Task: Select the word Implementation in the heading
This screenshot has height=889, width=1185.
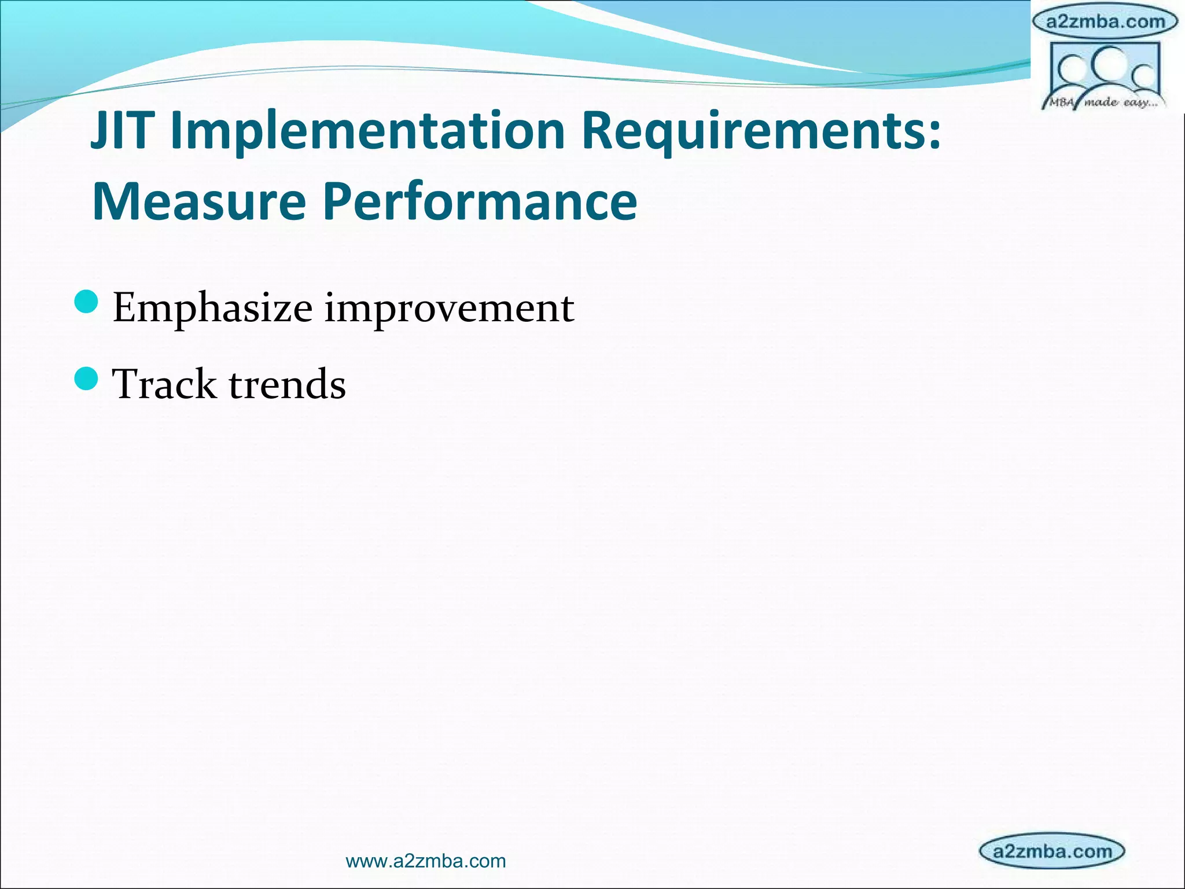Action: (369, 132)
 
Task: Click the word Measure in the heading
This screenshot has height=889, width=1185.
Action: (198, 201)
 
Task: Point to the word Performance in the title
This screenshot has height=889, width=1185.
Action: (480, 201)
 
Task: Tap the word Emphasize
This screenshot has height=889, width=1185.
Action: (212, 308)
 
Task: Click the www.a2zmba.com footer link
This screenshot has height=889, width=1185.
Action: (425, 861)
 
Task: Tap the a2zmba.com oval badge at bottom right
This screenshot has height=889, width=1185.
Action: (1052, 851)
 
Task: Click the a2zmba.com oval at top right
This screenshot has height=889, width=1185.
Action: (1105, 22)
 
